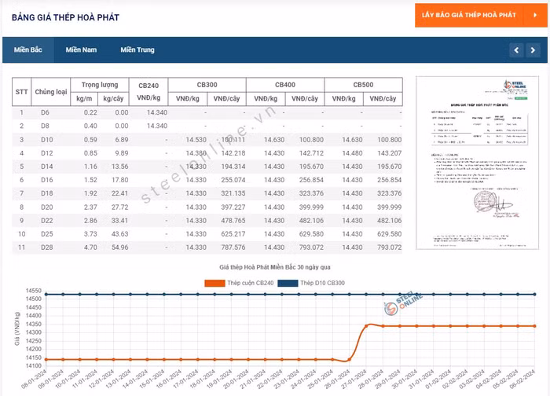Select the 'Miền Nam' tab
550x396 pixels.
(x=81, y=49)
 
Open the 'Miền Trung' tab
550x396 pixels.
(x=137, y=49)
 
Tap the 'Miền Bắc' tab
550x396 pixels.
(x=28, y=49)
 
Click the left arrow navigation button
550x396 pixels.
(x=516, y=50)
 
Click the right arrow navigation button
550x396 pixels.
(x=534, y=50)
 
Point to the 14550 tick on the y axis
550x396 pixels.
(x=33, y=291)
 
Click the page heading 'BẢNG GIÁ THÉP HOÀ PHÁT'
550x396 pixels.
(x=65, y=17)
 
